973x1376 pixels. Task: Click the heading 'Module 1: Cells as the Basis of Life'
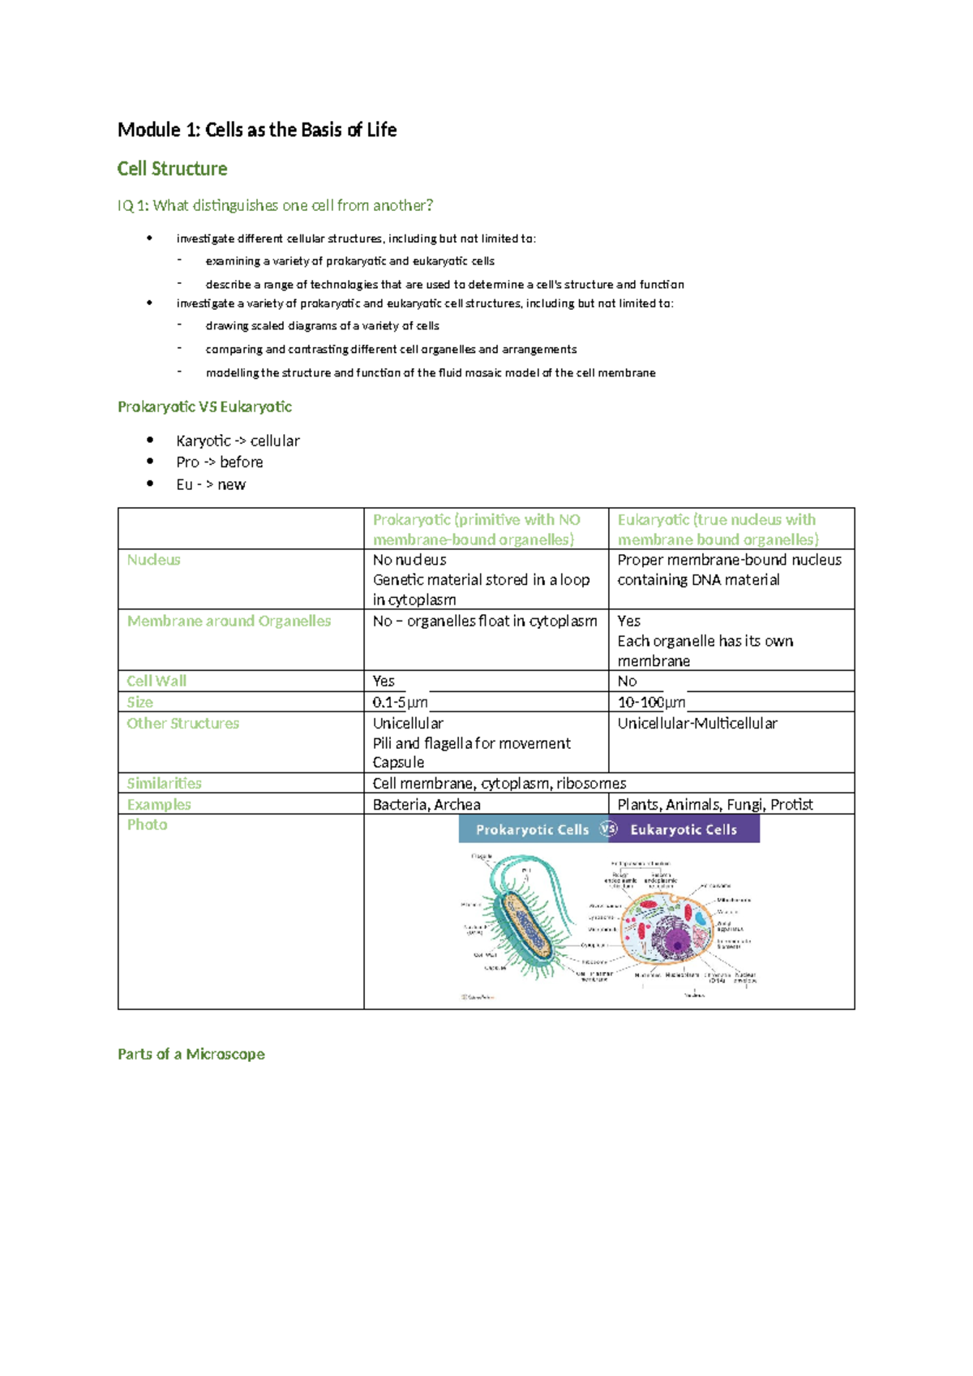[x=257, y=130]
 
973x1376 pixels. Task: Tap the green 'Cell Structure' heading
[x=172, y=169]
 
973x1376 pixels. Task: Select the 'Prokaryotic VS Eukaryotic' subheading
[x=204, y=406]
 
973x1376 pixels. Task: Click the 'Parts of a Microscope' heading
[x=191, y=1054]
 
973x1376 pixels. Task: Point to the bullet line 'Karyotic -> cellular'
[x=238, y=441]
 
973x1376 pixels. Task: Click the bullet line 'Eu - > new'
[x=211, y=484]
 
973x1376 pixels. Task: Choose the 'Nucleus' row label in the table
[x=153, y=560]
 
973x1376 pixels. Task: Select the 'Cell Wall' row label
[x=156, y=681]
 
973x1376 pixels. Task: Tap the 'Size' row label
[x=139, y=702]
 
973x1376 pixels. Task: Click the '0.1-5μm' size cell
[x=400, y=702]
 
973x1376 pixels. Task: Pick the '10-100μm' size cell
[x=651, y=702]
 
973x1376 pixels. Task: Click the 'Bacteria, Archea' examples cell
[x=426, y=804]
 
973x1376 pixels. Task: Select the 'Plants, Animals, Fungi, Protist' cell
[x=715, y=804]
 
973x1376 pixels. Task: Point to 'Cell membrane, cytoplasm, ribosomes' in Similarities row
[x=499, y=783]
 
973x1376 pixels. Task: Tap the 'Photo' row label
[x=147, y=824]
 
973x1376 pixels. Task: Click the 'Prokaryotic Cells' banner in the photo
[x=532, y=829]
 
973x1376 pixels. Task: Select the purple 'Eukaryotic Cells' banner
[x=684, y=829]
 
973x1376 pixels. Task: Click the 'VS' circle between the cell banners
[x=608, y=828]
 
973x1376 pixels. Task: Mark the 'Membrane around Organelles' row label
[x=229, y=621]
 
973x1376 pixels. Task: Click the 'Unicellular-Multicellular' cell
[x=697, y=723]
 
